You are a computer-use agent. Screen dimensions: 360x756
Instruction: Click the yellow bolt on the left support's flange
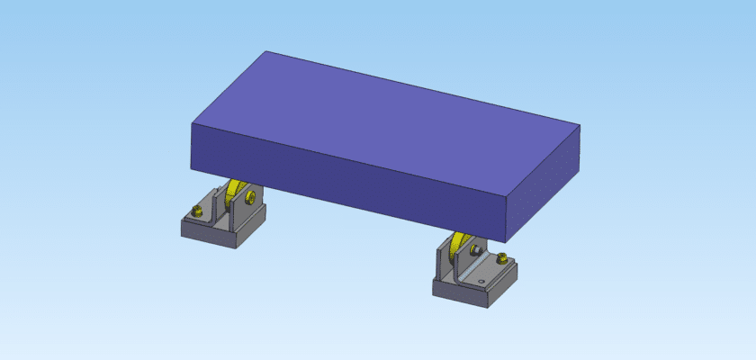(x=196, y=212)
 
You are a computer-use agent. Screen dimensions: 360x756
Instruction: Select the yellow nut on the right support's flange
(x=501, y=260)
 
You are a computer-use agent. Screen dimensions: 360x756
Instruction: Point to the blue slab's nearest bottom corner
(x=505, y=242)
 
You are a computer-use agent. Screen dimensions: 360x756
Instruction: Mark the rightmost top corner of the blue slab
(x=580, y=125)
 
